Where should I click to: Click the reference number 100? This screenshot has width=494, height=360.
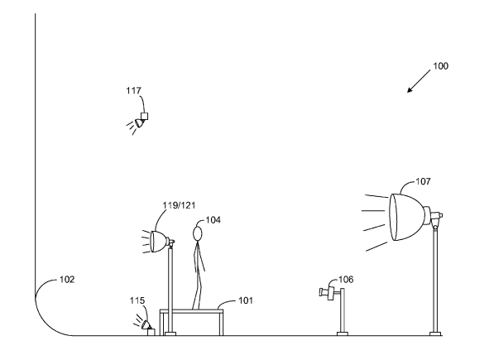440,66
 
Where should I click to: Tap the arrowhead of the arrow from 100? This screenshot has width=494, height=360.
410,90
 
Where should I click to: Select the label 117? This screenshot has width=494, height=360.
133,91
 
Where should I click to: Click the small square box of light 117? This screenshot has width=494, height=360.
144,116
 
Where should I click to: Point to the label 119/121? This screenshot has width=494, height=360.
179,205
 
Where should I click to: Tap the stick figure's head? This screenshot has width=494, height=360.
198,234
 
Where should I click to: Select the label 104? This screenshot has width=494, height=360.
213,220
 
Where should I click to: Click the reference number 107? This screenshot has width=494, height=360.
423,181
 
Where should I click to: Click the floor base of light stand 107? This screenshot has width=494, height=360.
435,334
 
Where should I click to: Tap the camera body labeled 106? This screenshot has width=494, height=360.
328,293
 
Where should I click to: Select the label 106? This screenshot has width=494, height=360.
346,280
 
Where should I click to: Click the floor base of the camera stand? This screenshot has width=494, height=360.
343,334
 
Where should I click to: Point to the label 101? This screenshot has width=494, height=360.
246,300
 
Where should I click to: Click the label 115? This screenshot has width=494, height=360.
137,300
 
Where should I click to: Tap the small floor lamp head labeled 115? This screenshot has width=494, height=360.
146,324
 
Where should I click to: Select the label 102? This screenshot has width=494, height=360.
67,280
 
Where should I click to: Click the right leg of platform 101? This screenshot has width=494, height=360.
221,323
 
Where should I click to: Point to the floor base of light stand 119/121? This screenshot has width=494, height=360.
170,334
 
